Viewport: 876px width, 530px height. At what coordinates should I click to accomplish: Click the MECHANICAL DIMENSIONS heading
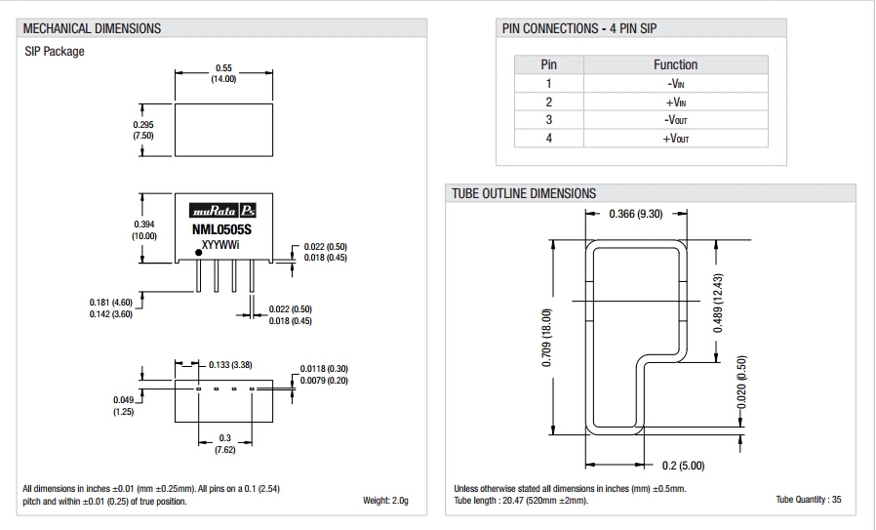[x=92, y=28]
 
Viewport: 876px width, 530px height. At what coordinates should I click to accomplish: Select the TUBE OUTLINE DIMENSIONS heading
[x=524, y=193]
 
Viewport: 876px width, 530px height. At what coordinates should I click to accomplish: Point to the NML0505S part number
[x=221, y=230]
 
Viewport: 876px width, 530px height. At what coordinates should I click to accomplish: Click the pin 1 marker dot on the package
[x=199, y=253]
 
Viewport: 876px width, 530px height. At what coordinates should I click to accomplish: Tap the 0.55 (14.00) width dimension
[x=223, y=73]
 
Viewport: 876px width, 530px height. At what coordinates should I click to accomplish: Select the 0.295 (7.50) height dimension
[x=143, y=130]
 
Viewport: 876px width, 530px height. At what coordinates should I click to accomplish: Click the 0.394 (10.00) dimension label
[x=144, y=230]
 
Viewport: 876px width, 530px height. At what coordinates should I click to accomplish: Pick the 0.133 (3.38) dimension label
[x=231, y=365]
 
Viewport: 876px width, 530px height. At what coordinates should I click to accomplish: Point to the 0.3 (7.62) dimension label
[x=224, y=444]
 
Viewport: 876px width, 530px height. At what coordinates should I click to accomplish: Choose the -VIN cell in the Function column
[x=675, y=84]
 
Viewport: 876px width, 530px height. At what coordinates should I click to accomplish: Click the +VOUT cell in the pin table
[x=675, y=138]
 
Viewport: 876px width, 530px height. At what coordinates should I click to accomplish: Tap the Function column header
[x=675, y=64]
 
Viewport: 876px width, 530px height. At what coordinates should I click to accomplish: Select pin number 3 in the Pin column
[x=548, y=120]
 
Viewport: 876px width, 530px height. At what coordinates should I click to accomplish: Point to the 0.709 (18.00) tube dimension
[x=546, y=338]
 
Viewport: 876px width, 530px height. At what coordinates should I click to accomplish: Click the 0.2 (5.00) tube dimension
[x=683, y=465]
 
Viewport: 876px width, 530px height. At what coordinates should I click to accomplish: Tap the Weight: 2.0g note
[x=385, y=501]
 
